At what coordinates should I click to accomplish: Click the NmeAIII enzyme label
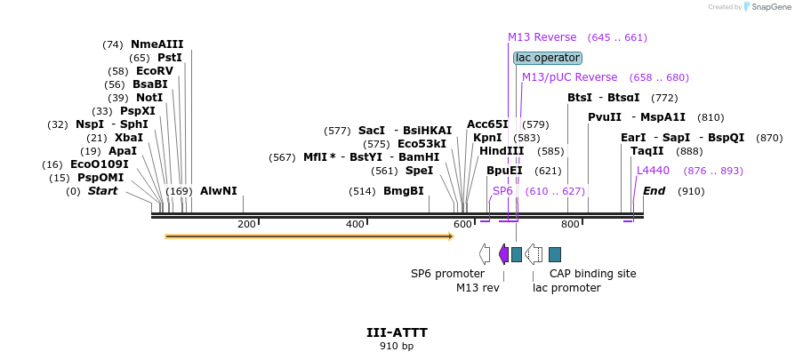157,44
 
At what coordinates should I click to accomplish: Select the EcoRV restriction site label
154,71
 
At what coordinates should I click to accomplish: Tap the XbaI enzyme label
128,138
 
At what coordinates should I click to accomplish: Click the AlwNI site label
218,190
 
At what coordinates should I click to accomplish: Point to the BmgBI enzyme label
403,190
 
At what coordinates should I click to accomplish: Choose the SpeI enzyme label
419,170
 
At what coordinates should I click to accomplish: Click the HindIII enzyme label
502,151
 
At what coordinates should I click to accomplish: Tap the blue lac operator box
547,58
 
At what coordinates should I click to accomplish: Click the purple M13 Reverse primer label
542,37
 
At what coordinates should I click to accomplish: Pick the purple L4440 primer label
653,170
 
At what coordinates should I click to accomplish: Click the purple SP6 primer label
502,191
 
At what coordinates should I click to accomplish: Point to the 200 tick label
246,225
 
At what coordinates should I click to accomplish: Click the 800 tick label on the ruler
570,225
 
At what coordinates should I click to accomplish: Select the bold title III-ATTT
397,332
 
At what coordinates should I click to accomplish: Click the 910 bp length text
397,346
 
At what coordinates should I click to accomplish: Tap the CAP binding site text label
592,274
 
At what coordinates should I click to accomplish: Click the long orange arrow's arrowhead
450,236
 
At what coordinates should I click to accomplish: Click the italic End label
654,191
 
